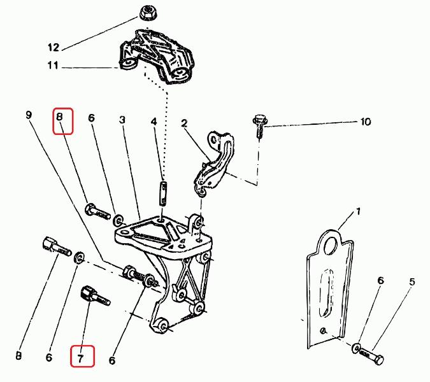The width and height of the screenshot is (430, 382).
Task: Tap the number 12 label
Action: pyautogui.click(x=53, y=47)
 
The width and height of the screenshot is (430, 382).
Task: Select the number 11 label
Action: pyautogui.click(x=53, y=66)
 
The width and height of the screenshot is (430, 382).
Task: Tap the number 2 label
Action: pyautogui.click(x=184, y=123)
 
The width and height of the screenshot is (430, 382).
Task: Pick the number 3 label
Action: pyautogui.click(x=122, y=120)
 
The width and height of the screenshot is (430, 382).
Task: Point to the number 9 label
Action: pyautogui.click(x=29, y=115)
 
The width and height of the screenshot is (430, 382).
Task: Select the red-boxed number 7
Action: pyautogui.click(x=81, y=357)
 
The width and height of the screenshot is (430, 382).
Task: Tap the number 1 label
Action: pyautogui.click(x=358, y=211)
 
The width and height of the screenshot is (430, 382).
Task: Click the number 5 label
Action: pyautogui.click(x=412, y=281)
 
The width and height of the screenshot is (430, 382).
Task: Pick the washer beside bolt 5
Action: pyautogui.click(x=355, y=348)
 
